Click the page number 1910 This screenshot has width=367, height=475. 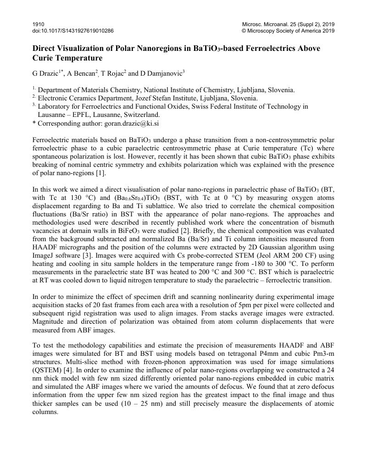click(x=39, y=24)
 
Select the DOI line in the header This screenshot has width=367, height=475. click(x=73, y=31)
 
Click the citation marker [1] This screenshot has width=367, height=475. click(x=100, y=173)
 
